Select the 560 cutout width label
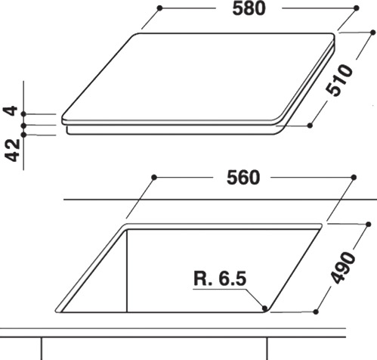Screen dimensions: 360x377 243,178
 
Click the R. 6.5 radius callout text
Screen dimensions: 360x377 219,278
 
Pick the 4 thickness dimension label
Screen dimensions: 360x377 11,110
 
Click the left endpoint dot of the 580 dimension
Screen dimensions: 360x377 160,8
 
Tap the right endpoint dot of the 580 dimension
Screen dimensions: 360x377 356,8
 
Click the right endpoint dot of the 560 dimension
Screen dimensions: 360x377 351,177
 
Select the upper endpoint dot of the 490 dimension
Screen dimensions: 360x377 368,225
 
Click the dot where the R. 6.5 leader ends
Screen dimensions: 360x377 264,308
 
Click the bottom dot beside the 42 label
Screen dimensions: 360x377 24,135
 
